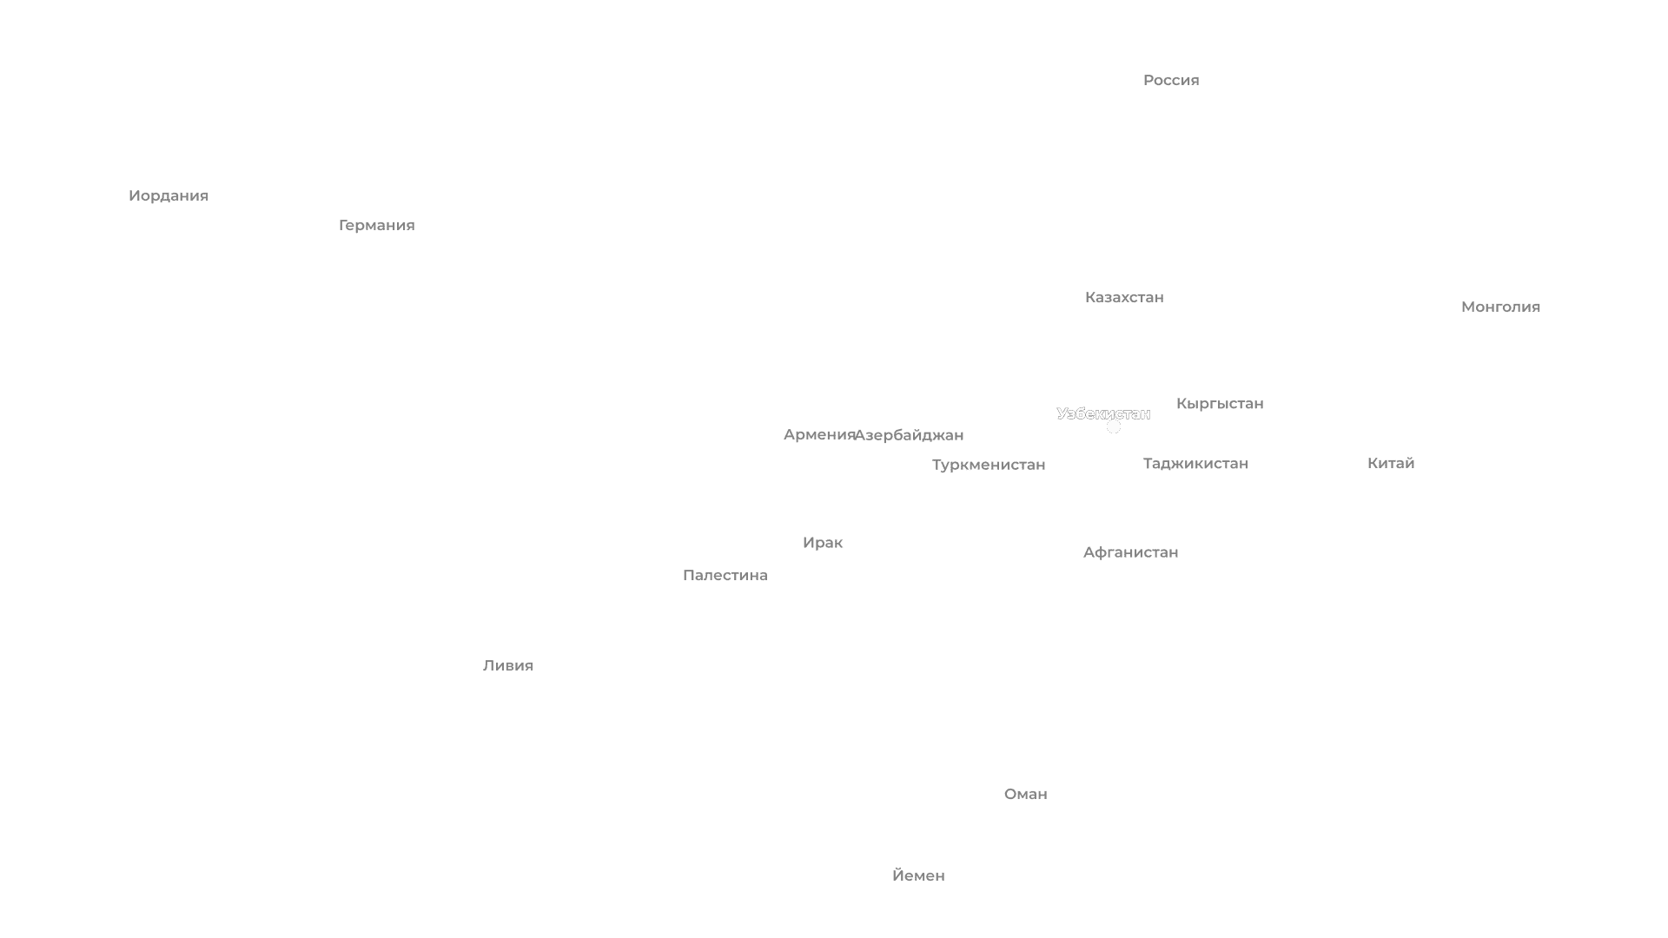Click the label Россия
tap(1170, 80)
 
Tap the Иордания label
tap(168, 195)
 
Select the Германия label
tap(376, 225)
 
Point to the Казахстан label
tap(1123, 297)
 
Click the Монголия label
tap(1500, 307)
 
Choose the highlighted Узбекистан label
tap(1103, 413)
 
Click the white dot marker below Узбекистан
tap(1114, 426)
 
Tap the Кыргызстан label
tap(1219, 404)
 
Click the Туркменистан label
tap(989, 465)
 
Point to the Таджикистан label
tap(1195, 464)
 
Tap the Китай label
tap(1390, 463)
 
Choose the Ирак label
tap(822, 543)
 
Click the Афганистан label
tap(1130, 552)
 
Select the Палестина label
tap(725, 575)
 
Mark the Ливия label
tap(507, 665)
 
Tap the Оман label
tap(1025, 794)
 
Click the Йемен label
tap(918, 875)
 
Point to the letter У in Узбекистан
tap(1062, 413)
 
